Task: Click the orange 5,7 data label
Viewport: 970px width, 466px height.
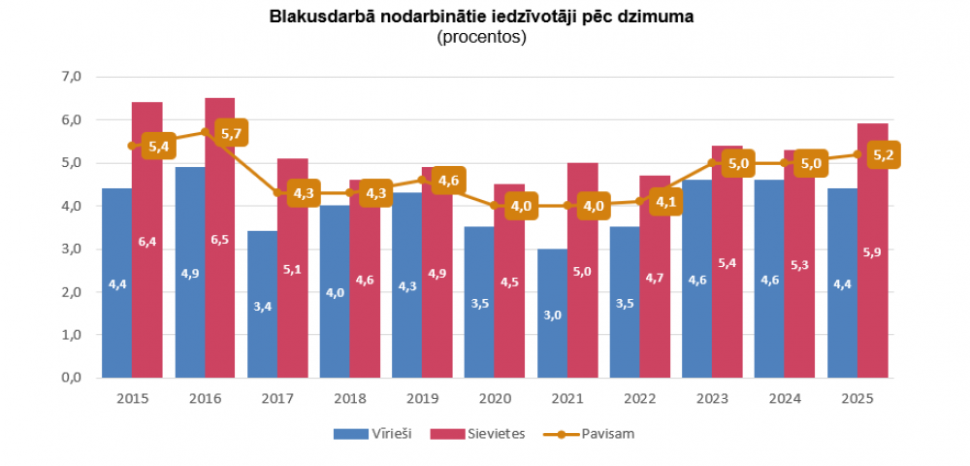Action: coord(231,133)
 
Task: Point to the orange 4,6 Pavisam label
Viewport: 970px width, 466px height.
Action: coord(448,181)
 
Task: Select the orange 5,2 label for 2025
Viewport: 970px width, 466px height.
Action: coord(883,154)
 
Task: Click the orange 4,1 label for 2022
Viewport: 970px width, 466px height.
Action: coord(665,202)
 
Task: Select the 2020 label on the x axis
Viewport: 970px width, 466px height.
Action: coord(494,398)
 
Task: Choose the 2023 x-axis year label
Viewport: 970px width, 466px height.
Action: coord(711,398)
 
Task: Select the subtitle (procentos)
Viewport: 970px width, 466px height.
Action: coord(482,38)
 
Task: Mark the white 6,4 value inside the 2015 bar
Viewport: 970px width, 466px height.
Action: coord(147,242)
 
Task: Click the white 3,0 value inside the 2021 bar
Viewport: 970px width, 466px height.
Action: coord(552,316)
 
